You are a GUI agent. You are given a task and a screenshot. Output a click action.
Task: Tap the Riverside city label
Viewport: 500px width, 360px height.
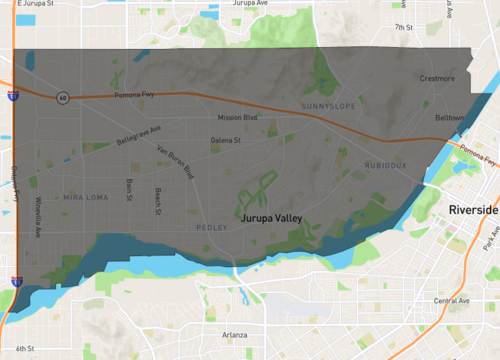point(473,211)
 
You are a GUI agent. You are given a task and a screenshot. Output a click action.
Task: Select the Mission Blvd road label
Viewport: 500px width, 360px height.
point(237,118)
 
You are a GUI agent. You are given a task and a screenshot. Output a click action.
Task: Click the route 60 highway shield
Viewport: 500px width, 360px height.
point(62,98)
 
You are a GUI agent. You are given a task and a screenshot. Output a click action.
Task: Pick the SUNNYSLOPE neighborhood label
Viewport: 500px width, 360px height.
point(327,105)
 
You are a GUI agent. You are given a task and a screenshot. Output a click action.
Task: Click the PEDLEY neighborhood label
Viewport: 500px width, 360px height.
point(212,227)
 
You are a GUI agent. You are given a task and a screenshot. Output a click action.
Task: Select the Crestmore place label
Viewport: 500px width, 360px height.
point(438,78)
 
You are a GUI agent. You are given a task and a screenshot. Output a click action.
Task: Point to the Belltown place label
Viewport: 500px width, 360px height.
point(449,117)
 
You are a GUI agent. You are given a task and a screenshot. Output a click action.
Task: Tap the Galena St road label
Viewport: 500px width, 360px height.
point(228,141)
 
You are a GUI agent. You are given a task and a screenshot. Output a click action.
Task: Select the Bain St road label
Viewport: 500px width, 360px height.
point(130,189)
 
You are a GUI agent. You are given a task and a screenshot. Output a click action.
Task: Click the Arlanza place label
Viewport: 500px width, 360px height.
point(234,334)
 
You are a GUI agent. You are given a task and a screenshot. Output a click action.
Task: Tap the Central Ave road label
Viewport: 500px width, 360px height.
point(451,300)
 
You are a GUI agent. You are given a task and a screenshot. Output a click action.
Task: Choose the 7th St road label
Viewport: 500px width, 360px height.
point(403,28)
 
